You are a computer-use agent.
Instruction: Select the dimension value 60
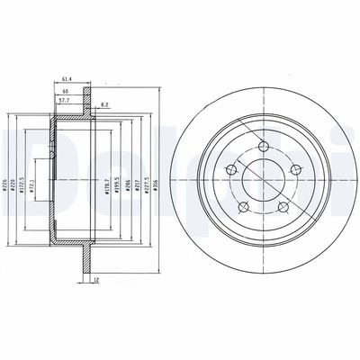(x=65, y=92)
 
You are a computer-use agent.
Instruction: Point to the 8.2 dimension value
(x=105, y=104)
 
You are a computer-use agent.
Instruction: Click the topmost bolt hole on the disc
(x=263, y=148)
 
